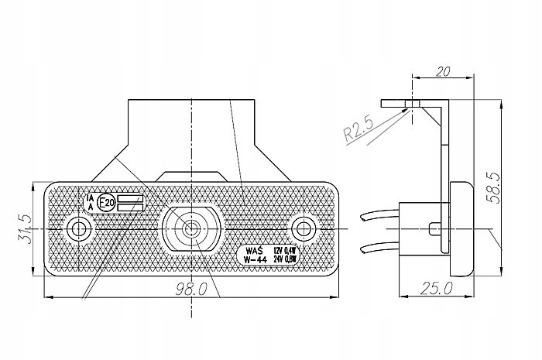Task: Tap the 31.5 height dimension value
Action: click(x=23, y=228)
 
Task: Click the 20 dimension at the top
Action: click(x=443, y=72)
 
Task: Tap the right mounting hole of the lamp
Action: click(x=303, y=228)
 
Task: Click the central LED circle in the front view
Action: click(x=190, y=228)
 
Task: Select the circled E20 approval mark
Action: click(x=107, y=203)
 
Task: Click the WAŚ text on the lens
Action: click(x=252, y=251)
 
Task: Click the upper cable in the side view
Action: click(x=379, y=214)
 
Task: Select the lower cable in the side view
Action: click(x=379, y=248)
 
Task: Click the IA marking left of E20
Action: click(x=91, y=198)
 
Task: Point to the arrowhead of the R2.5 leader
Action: click(x=410, y=108)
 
